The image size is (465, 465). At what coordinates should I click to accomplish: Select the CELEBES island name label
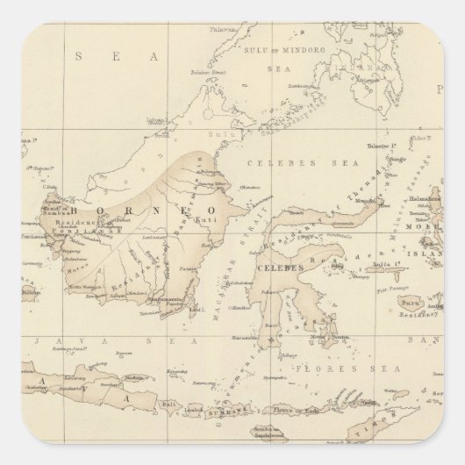pos(273,265)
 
